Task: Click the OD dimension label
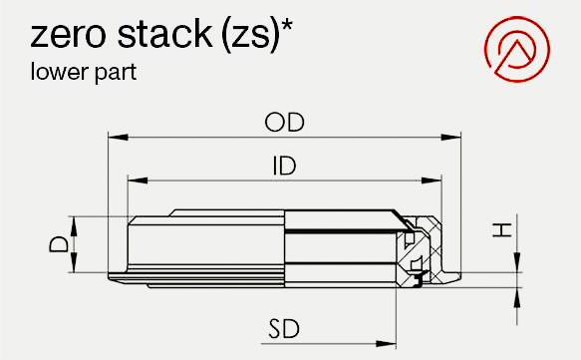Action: pos(285,123)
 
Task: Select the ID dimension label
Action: pos(285,167)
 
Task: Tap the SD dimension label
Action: pos(284,329)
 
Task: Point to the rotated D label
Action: pos(59,244)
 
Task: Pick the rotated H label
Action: pos(502,230)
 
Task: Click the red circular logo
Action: pos(517,49)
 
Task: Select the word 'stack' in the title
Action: pos(165,33)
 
